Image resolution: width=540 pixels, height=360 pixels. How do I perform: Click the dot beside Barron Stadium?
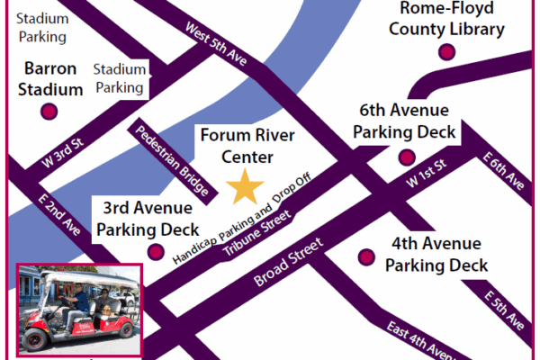click(x=49, y=112)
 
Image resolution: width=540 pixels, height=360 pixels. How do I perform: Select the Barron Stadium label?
click(x=50, y=78)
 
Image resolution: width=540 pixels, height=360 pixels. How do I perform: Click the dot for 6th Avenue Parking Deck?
click(x=404, y=157)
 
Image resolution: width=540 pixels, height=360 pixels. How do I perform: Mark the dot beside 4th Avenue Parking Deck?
click(x=366, y=256)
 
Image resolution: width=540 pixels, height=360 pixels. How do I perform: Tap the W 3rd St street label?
click(x=61, y=151)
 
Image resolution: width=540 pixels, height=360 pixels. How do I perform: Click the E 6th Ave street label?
click(x=503, y=170)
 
